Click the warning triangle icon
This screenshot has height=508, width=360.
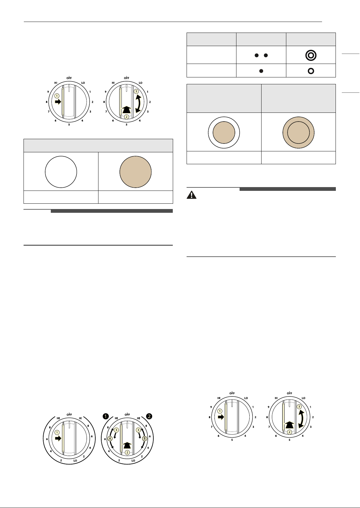pos(191,195)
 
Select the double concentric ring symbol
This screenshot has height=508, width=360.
pos(311,55)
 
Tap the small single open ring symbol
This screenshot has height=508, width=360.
pos(311,71)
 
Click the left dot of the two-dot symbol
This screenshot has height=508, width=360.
pos(257,55)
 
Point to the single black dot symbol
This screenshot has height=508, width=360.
pos(261,71)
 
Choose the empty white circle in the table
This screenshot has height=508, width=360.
pos(61,172)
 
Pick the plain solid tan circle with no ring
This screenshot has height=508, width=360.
pos(135,172)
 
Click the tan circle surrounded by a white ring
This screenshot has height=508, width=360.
pos(224,133)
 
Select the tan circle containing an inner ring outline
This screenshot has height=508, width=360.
pos(299,133)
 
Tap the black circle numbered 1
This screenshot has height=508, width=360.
pos(106,416)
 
